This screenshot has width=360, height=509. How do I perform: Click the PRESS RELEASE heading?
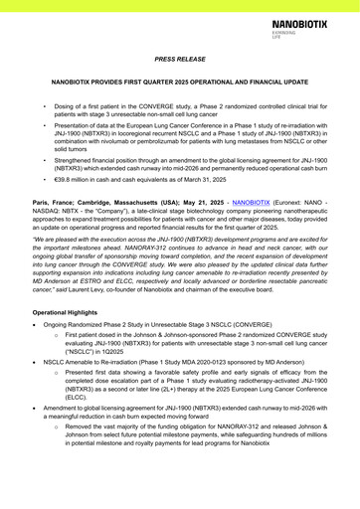tap(180, 60)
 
